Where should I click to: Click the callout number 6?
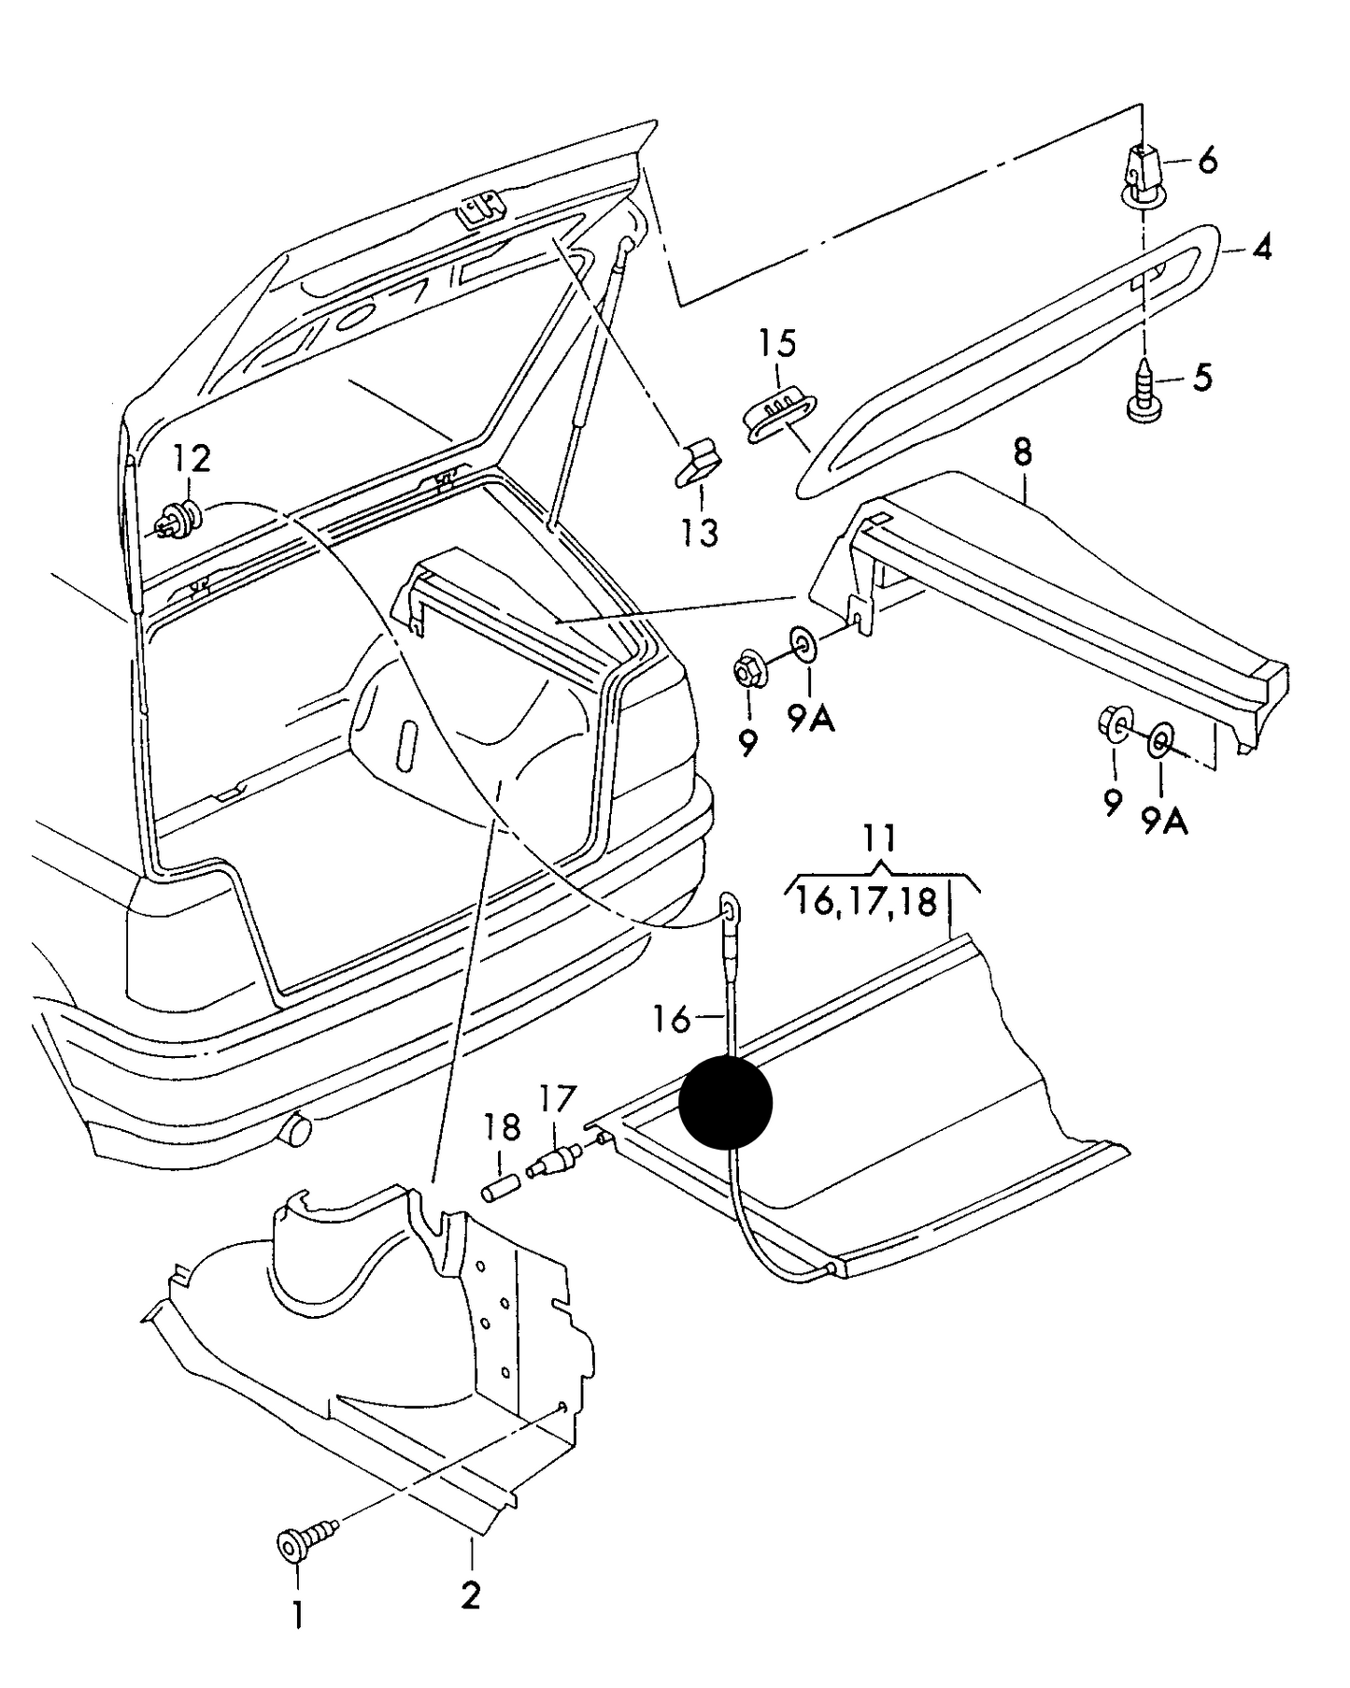coord(1207,162)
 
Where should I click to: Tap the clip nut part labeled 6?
coord(1142,178)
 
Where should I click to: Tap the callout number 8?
coord(1023,453)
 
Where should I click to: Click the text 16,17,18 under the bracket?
coord(866,902)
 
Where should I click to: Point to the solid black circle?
coord(726,1102)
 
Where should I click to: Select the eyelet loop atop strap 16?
coord(730,905)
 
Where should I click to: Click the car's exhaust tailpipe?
coord(297,1130)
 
